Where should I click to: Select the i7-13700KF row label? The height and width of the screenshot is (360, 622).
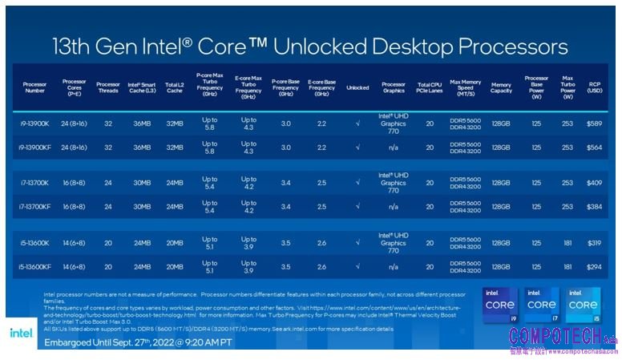click(x=34, y=207)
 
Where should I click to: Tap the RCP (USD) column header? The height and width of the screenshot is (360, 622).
click(x=594, y=87)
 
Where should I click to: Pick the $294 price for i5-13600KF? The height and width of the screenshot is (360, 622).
click(x=594, y=266)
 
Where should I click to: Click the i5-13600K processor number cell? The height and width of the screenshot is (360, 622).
click(x=34, y=242)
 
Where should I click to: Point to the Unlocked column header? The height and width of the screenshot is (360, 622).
click(x=357, y=87)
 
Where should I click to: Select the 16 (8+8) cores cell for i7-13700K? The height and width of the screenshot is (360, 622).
click(x=75, y=183)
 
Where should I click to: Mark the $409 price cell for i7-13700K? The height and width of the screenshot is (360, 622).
click(x=594, y=183)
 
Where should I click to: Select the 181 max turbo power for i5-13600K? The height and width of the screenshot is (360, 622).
click(x=567, y=242)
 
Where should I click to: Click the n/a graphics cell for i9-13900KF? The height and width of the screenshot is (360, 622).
click(x=394, y=148)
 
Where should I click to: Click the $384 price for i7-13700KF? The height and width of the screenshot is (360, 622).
click(x=594, y=207)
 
